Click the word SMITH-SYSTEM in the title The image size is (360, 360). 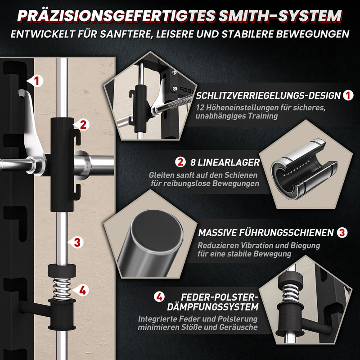280,16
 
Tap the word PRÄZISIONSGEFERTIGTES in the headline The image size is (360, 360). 117,16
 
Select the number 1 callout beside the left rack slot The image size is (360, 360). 36,81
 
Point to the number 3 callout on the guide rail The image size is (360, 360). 76,243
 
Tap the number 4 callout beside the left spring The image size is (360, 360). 81,290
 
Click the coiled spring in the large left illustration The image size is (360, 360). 62,289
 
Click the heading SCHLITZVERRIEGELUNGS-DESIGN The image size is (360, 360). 268,96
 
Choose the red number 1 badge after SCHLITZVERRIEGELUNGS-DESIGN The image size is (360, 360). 348,95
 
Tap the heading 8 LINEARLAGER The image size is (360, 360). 225,162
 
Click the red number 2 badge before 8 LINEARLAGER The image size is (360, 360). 180,162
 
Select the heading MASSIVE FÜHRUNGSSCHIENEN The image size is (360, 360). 266,233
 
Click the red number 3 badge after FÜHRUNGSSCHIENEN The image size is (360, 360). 342,232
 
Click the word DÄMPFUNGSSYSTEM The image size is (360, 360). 213,307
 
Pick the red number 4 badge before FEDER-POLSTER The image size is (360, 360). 159,297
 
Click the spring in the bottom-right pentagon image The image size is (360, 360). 290,293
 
